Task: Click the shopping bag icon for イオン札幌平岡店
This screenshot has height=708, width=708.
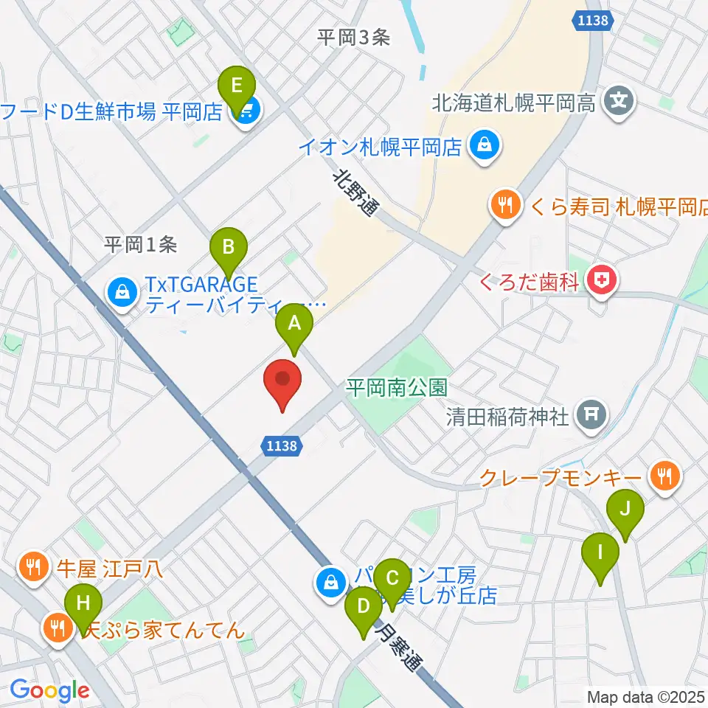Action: pyautogui.click(x=485, y=145)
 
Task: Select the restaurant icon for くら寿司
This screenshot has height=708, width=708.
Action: pyautogui.click(x=505, y=204)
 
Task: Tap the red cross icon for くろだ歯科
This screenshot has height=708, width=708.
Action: pyautogui.click(x=602, y=280)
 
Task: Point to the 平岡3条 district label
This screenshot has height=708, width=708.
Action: pyautogui.click(x=353, y=38)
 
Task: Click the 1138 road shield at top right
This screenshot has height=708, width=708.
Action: pyautogui.click(x=593, y=21)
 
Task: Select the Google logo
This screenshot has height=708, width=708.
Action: pyautogui.click(x=49, y=691)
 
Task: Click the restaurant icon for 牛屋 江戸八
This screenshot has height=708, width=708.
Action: pyautogui.click(x=32, y=568)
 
